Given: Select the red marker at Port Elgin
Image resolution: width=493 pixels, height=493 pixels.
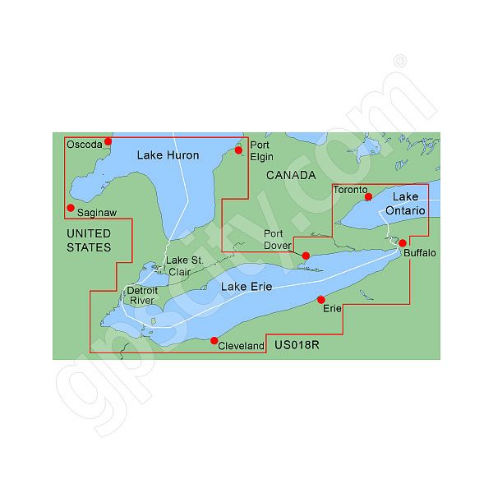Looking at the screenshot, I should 238,150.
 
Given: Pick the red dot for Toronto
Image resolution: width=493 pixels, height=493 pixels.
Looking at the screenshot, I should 368,196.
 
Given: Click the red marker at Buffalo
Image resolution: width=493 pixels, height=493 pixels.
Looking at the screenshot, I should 403,243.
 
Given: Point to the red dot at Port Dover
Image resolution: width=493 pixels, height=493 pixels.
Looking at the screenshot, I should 306,256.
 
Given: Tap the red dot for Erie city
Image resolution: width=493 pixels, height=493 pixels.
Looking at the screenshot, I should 321,299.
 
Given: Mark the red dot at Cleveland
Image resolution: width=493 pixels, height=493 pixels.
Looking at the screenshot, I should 214,340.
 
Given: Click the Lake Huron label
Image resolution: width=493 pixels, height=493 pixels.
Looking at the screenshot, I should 168,154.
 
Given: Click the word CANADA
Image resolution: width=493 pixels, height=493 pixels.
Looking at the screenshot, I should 291,176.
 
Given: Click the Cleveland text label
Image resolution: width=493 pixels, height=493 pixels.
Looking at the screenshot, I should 242,347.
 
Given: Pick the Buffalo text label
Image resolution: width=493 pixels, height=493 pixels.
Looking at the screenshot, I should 420,253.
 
